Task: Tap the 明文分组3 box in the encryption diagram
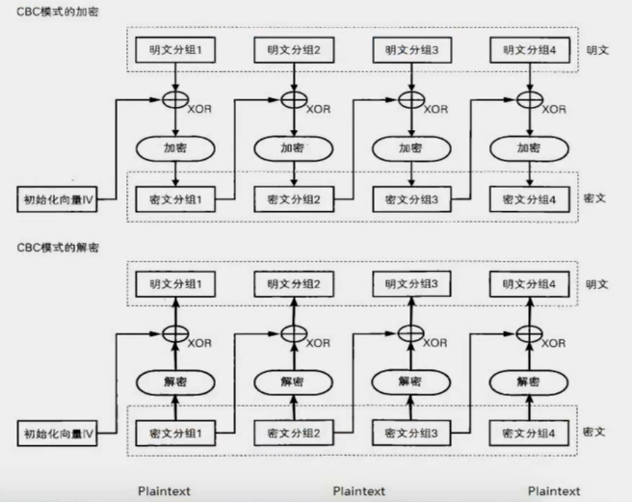point(411,50)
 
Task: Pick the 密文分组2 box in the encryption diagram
point(293,199)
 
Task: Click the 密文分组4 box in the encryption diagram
point(529,199)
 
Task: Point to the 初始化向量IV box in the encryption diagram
point(60,200)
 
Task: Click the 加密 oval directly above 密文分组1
point(174,148)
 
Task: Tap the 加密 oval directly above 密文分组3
point(411,148)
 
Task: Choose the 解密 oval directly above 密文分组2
point(293,381)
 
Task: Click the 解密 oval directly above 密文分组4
point(529,381)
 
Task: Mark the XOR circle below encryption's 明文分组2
point(293,99)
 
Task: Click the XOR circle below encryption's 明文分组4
point(529,99)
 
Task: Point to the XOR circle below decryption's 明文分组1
point(174,334)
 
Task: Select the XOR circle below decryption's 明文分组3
point(411,334)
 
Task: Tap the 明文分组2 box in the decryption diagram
point(293,284)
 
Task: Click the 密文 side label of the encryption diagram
point(596,198)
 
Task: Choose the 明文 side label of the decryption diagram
point(596,284)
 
